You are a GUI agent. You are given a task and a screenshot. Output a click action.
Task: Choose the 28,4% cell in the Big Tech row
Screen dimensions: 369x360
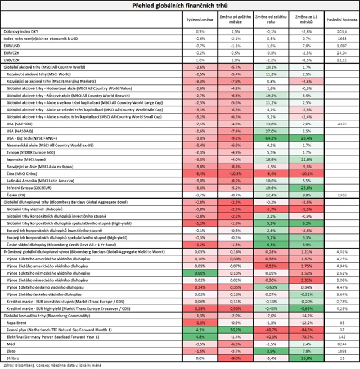(x=307, y=137)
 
